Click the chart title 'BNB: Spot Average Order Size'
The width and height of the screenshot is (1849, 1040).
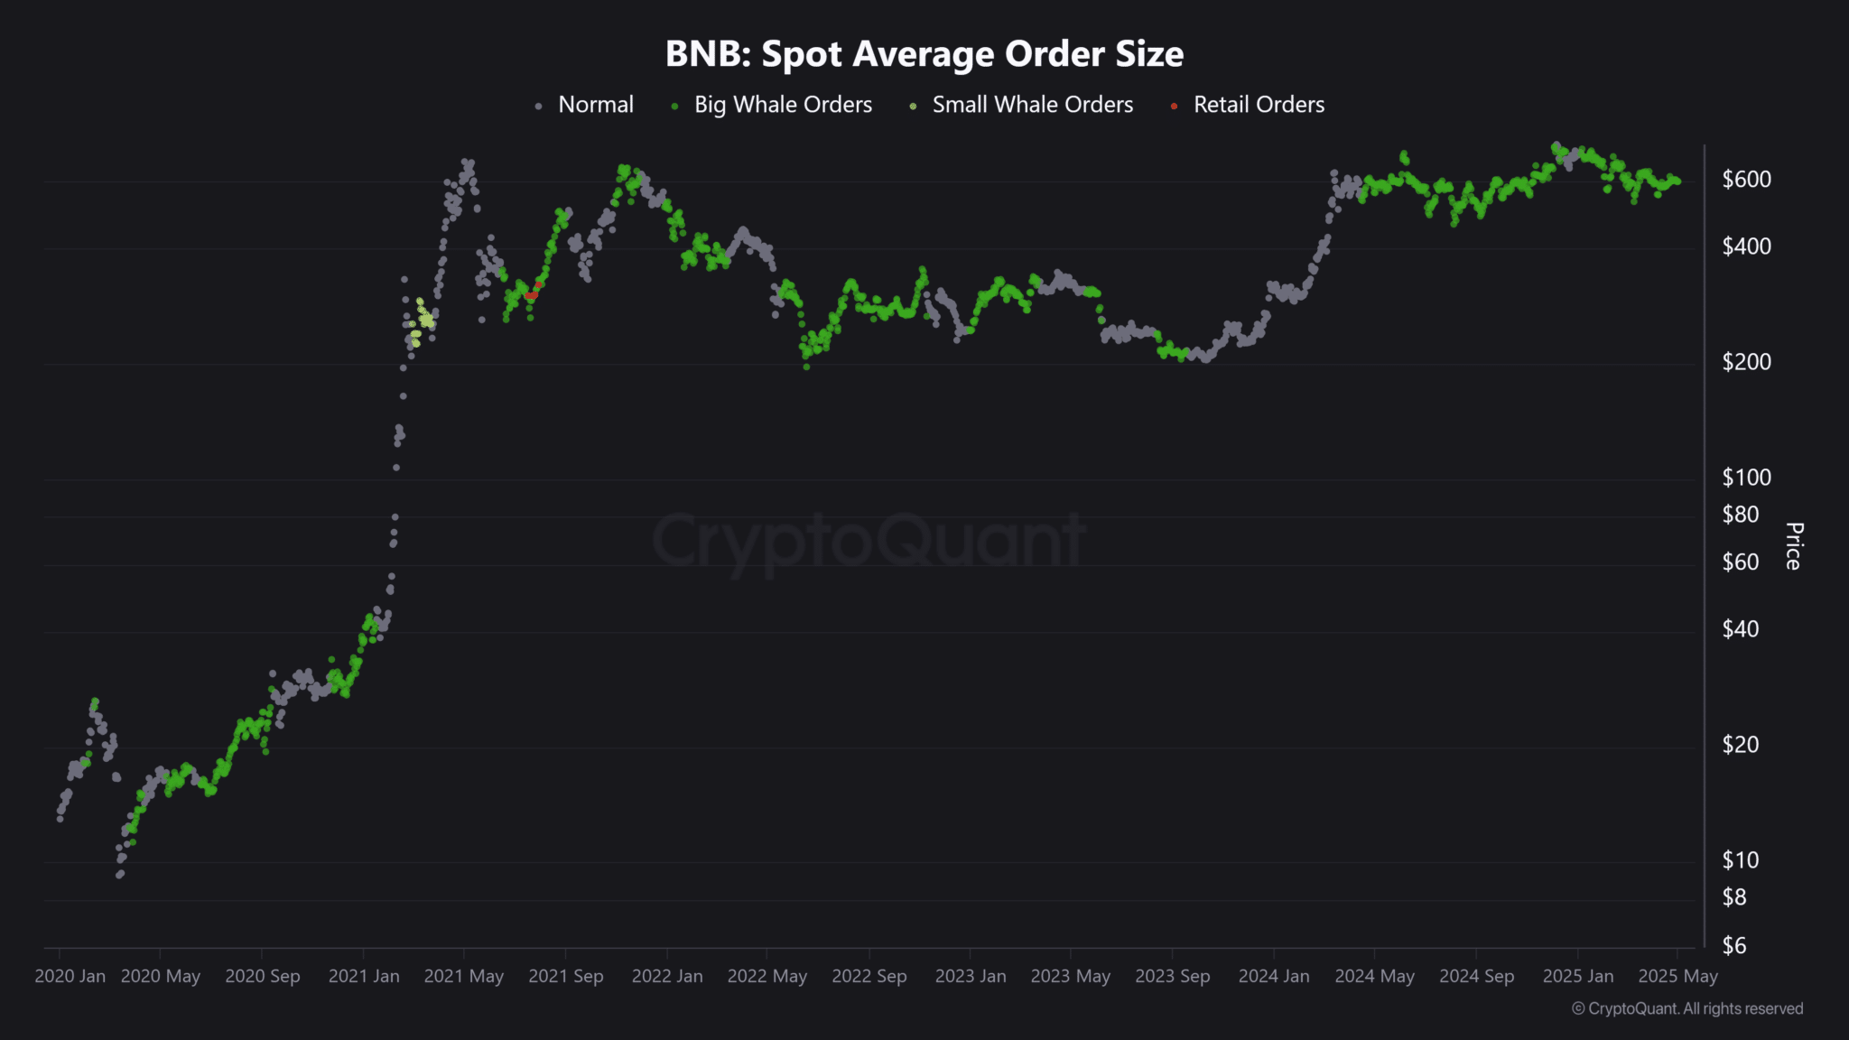pyautogui.click(x=924, y=54)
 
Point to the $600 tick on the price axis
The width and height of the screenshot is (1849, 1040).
pyautogui.click(x=1746, y=180)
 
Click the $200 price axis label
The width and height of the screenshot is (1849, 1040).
pyautogui.click(x=1746, y=362)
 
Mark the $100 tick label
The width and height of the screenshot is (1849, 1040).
pyautogui.click(x=1746, y=478)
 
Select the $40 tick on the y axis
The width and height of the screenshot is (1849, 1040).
pyautogui.click(x=1740, y=629)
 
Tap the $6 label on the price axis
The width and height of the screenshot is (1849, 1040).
pyautogui.click(x=1734, y=946)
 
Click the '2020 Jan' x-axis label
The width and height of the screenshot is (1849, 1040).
pyautogui.click(x=70, y=977)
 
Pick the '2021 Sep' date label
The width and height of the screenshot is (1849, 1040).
pyautogui.click(x=565, y=977)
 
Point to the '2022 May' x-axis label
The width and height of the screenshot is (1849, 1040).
pyautogui.click(x=767, y=977)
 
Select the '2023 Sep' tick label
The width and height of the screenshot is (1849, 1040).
pyautogui.click(x=1172, y=977)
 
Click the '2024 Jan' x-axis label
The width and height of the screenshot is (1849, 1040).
pyautogui.click(x=1273, y=977)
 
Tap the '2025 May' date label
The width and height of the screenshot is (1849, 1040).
pyautogui.click(x=1677, y=977)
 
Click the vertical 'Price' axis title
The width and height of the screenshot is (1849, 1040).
pyautogui.click(x=1794, y=546)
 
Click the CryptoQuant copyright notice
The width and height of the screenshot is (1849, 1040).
pyautogui.click(x=1687, y=1009)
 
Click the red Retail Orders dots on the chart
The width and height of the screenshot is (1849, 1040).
pyautogui.click(x=532, y=294)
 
